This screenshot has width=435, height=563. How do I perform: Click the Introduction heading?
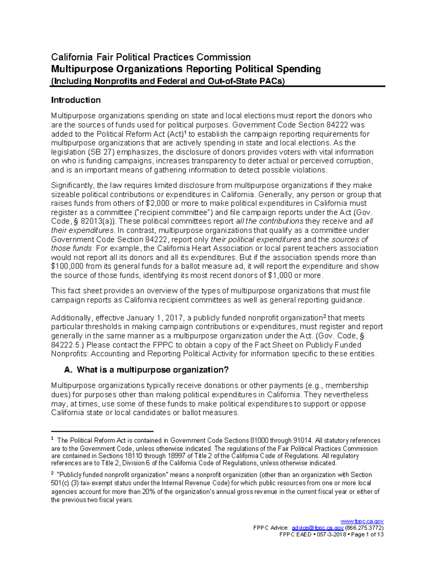pos(76,100)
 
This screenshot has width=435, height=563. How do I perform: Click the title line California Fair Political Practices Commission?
pos(150,57)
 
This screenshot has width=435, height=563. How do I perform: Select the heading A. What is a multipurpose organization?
pos(146,370)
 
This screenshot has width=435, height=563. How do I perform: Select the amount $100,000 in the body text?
pos(67,266)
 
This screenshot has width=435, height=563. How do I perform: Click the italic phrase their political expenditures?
pos(256,240)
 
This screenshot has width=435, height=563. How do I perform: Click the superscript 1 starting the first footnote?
pos(53,439)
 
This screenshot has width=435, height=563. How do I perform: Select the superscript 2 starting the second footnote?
pos(53,473)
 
